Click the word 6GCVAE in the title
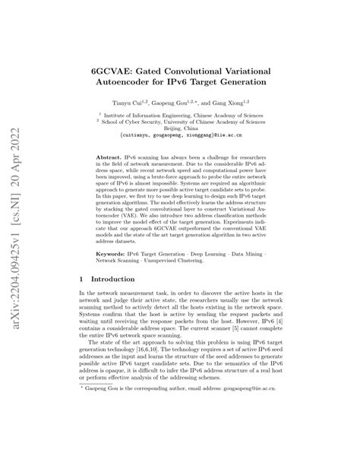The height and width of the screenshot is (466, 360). point(115,67)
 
